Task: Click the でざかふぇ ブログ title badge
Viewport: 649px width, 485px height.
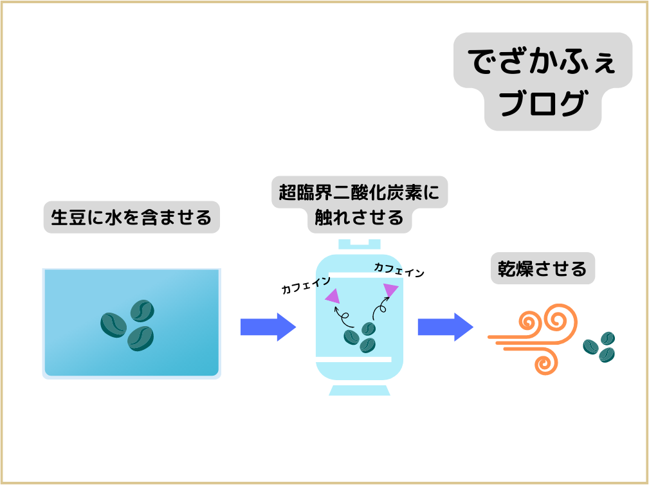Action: [x=542, y=80]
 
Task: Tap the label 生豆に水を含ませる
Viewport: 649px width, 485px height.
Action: [x=131, y=217]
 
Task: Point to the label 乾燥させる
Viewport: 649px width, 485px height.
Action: [x=542, y=268]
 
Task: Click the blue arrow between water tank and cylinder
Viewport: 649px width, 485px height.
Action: [x=268, y=327]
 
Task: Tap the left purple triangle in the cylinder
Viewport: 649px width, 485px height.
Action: [x=333, y=296]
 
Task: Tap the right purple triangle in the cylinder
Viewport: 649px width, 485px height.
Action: [x=390, y=291]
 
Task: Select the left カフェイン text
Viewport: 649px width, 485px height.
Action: [x=306, y=285]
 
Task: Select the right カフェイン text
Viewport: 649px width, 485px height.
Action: [x=399, y=270]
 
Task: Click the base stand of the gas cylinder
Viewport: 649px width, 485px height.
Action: [x=360, y=390]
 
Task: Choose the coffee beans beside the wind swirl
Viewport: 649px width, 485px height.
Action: [x=599, y=347]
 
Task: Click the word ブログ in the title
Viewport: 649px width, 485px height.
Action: [x=542, y=105]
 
